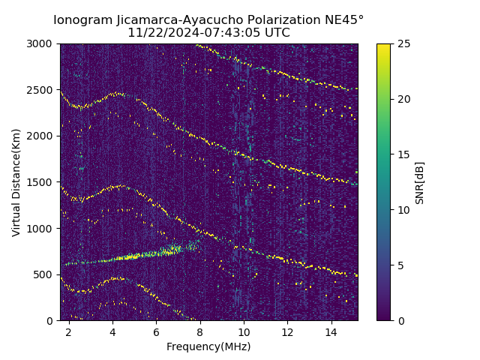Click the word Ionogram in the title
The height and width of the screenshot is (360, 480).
pos(82,19)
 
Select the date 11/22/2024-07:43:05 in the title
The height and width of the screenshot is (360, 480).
pos(189,33)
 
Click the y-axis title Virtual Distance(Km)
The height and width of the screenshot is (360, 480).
pos(16,182)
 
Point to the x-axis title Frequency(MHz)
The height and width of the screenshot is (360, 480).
pos(208,346)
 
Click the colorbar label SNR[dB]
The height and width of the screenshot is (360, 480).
pos(420,182)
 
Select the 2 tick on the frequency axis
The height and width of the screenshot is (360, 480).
pos(69,331)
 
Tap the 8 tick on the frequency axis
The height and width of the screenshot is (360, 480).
pos(200,331)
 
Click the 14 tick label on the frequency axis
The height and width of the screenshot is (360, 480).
pos(331,331)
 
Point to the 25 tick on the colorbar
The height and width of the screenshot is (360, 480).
pos(402,43)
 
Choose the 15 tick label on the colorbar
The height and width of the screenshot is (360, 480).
pos(402,154)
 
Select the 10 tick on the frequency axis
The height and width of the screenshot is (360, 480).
pos(244,331)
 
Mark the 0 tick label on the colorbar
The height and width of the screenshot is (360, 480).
pos(399,320)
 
